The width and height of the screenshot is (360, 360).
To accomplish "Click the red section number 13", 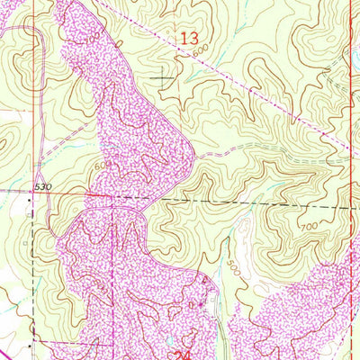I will pos(188,39).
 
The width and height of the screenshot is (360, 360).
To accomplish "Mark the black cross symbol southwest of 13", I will pos(164,79).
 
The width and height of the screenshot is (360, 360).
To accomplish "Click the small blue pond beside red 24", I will pos(170,342).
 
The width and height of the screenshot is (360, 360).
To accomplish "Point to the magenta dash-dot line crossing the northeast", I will pos(270,99).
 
